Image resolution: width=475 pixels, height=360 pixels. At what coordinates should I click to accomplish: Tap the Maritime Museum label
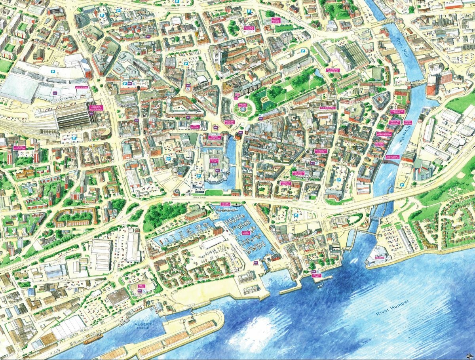[230, 123]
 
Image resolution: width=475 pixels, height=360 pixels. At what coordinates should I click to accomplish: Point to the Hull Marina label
[248, 233]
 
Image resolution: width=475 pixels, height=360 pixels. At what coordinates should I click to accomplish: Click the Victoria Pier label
[317, 276]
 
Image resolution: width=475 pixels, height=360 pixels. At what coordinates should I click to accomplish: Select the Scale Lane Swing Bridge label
[393, 157]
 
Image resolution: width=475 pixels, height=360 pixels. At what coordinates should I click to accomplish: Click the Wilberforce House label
[396, 112]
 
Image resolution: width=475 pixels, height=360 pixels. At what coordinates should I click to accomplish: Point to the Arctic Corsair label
[408, 123]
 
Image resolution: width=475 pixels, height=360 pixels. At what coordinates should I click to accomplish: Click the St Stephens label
[81, 87]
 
